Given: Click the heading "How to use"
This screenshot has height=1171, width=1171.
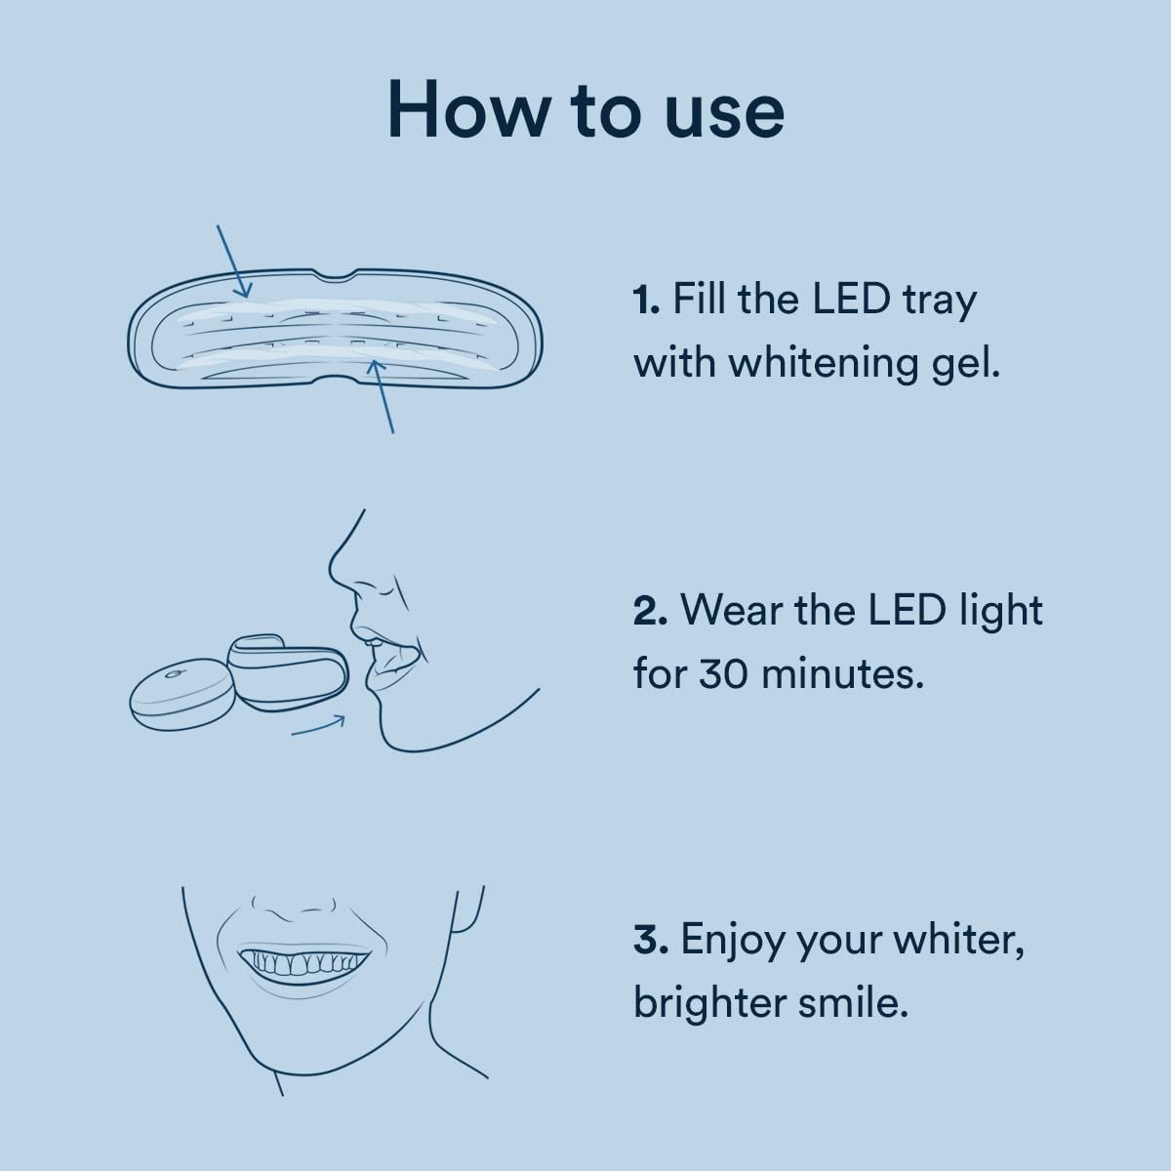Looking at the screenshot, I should coord(585,109).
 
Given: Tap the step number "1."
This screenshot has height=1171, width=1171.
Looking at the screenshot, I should coord(647,300).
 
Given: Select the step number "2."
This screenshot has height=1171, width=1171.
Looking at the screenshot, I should coord(650,612).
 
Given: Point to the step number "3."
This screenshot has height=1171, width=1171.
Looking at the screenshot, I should coord(650,941).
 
